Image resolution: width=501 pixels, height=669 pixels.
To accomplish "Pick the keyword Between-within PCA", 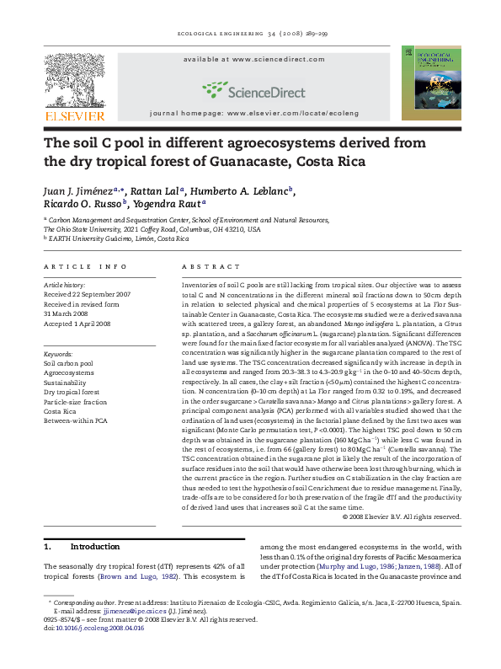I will pos(76,420).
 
